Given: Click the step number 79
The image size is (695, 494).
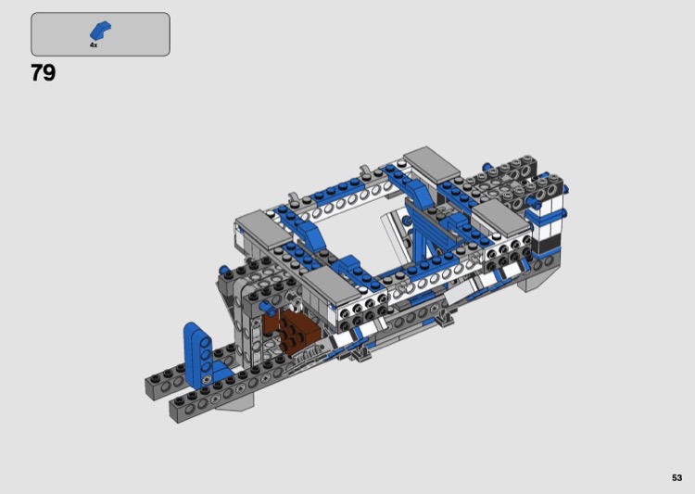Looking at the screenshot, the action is (x=43, y=72).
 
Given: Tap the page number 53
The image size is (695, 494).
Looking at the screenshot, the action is (x=676, y=477).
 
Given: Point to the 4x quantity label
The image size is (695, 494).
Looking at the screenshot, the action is (x=94, y=45).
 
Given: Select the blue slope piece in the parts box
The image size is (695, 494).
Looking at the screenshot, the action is (x=101, y=31).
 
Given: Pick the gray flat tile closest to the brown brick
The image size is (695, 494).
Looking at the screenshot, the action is (x=333, y=286).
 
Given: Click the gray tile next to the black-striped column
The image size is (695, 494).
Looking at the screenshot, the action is (x=502, y=218).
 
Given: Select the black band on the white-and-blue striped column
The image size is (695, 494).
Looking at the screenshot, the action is (x=547, y=243).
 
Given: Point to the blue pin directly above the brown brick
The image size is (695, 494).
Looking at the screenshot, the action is (x=267, y=307).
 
